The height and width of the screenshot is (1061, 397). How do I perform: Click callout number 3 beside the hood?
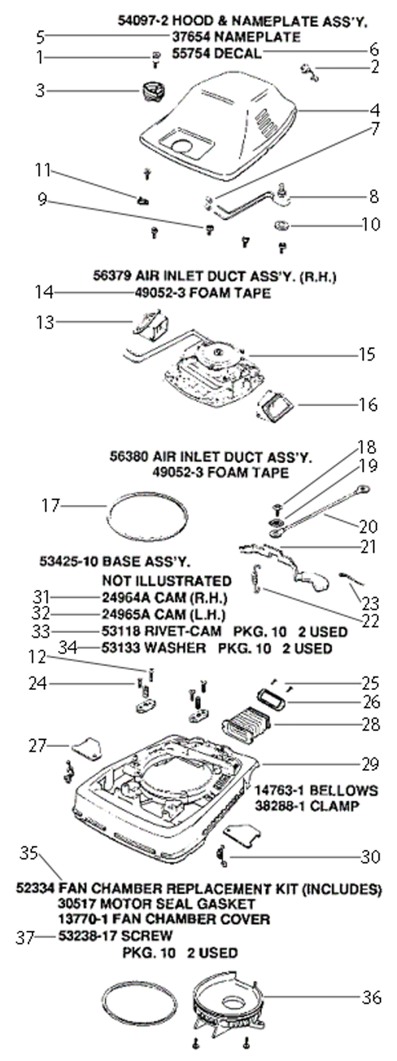tap(40, 90)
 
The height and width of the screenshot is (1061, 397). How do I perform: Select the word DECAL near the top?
tap(237, 53)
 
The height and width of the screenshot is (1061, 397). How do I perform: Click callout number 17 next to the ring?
tap(51, 505)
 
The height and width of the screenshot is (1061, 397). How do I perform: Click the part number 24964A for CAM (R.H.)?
tap(123, 597)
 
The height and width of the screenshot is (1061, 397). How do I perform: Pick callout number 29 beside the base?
tap(370, 764)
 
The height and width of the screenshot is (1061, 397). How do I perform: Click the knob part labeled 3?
tap(152, 90)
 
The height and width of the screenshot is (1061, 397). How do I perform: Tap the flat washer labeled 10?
tap(282, 224)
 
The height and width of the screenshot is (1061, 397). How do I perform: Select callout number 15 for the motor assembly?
tap(367, 354)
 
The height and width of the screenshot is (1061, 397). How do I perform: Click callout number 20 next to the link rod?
tap(368, 527)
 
